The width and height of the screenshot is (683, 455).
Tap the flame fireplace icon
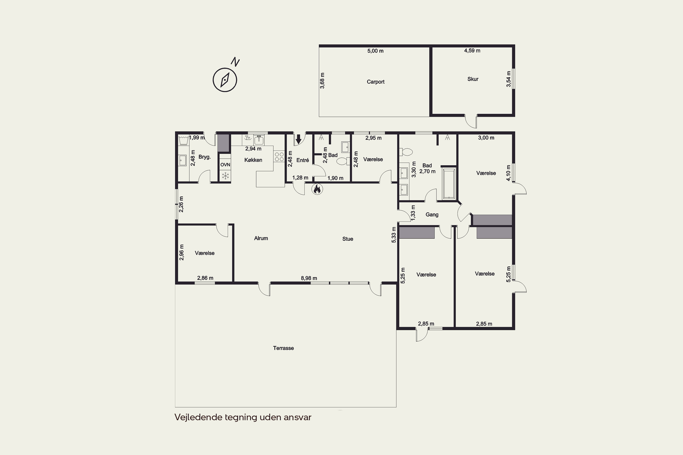point(317,189)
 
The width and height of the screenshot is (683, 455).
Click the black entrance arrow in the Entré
point(298,139)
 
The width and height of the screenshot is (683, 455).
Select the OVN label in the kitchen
point(225,164)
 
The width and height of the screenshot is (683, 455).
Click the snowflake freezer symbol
point(225,176)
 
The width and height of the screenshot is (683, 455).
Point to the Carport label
point(375,82)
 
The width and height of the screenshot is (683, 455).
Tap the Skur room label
point(473,79)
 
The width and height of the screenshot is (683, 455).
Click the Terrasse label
point(283,348)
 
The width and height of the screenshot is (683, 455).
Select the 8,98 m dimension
point(309,278)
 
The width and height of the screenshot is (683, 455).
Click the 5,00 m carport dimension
point(375,51)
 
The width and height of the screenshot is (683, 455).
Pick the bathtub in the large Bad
point(449,183)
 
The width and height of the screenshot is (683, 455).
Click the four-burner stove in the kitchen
point(279,157)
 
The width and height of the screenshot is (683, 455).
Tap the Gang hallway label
point(432,215)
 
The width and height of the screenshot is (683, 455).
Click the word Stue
point(348,239)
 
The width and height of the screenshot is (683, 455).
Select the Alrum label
point(261,238)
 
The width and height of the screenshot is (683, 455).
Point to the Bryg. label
point(204,157)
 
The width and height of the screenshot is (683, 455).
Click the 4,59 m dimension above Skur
point(472,51)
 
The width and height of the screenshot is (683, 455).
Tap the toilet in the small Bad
point(343,161)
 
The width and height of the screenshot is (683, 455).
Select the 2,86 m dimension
point(205,278)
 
